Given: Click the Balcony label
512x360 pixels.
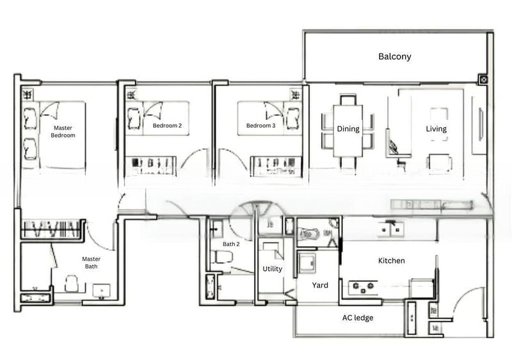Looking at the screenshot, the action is (394, 56).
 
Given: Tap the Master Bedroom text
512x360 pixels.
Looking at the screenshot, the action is (63, 131).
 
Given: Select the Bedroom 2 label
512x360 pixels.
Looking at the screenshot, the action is (167, 126).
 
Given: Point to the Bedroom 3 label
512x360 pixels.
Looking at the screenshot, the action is (260, 126).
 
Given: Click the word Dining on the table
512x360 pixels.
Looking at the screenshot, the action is (348, 129).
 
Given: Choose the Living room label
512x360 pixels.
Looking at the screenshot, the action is (436, 129).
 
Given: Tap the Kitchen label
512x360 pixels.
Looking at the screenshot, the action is (391, 261).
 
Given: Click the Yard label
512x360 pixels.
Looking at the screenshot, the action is (320, 285).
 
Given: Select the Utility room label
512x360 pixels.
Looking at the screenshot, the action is (273, 269).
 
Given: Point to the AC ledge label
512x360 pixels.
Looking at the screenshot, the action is (358, 318).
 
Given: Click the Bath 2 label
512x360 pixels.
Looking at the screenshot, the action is (231, 244).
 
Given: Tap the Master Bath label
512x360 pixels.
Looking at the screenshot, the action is (91, 263).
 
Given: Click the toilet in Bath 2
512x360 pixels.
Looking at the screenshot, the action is (221, 256).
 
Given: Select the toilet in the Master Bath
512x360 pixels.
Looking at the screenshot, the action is (72, 284).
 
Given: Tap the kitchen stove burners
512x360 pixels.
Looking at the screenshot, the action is (363, 287).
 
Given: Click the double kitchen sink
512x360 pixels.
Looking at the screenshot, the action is (391, 229).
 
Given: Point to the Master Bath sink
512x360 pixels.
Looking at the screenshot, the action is (101, 291).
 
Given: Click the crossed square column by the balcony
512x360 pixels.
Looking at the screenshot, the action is (484, 79).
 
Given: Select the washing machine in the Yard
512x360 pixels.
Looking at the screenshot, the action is (308, 263).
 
